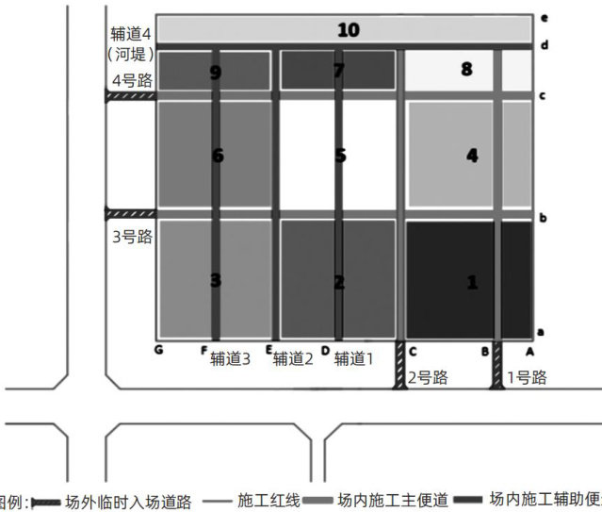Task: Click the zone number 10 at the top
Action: click(x=348, y=30)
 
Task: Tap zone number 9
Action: click(x=216, y=72)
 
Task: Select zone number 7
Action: click(x=339, y=70)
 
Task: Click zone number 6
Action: click(x=218, y=156)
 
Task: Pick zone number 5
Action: click(x=340, y=156)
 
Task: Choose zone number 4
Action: click(x=472, y=156)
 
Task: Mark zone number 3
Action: click(x=216, y=280)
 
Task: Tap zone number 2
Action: click(x=339, y=281)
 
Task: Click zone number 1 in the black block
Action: click(x=472, y=281)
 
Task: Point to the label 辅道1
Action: click(x=354, y=358)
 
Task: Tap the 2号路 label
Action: click(x=427, y=377)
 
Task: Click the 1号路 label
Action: click(x=526, y=377)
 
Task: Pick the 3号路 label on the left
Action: click(x=132, y=237)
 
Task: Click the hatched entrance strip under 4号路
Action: click(x=130, y=96)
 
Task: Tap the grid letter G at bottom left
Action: click(x=159, y=350)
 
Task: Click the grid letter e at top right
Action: click(x=544, y=18)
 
